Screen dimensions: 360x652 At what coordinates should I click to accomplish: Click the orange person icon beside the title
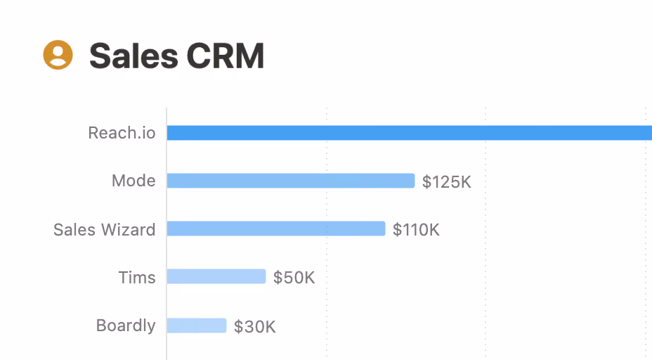58,55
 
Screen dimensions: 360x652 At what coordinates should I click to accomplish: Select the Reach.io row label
122,133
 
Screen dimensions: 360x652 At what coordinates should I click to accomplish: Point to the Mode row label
133,181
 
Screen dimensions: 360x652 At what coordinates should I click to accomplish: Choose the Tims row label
137,277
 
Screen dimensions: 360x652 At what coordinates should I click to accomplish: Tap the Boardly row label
126,326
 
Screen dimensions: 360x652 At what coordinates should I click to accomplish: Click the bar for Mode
290,181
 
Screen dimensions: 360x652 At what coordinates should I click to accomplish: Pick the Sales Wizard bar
275,229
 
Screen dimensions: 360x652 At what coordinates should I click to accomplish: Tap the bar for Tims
216,276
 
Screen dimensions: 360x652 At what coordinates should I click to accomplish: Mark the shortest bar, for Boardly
196,326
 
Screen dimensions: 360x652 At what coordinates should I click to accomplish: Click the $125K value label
446,182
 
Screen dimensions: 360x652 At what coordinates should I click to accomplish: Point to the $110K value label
416,230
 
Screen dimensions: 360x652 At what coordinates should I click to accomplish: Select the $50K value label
294,278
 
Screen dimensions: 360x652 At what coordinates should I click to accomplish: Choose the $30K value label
254,327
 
